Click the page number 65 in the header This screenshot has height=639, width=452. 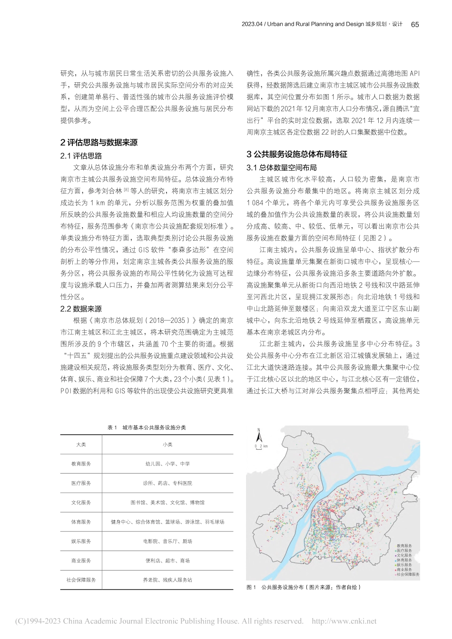pos(414,25)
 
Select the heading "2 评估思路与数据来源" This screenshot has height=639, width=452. pos(99,143)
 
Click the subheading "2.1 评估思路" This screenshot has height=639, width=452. pos(81,156)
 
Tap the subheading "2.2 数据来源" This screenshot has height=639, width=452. pos(81,309)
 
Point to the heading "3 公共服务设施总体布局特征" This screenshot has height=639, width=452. pos(297,155)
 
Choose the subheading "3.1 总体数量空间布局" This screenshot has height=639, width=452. pos(282,168)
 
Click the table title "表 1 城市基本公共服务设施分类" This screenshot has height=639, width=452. pos(147,427)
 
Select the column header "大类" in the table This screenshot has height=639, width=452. pos(81,445)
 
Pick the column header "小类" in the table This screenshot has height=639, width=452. pos(167,445)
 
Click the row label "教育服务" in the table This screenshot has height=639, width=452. pos(81,464)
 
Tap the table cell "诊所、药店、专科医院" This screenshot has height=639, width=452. pos(167,483)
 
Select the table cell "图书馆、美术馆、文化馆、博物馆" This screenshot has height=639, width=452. pos(167,503)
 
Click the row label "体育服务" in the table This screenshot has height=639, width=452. pos(81,522)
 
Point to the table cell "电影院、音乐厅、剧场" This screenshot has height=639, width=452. pos(167,541)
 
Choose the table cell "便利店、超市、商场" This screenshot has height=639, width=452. pos(167,561)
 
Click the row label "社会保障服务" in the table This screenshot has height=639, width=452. pos(81,580)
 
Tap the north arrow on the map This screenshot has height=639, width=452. pos(258,436)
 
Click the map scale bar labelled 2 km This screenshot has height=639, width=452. pos(261,447)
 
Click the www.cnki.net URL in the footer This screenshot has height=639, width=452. pos(344,621)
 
